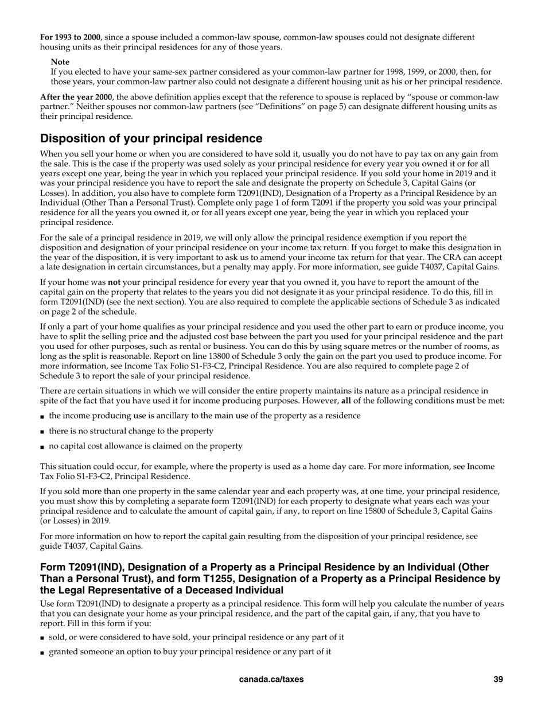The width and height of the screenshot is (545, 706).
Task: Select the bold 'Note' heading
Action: point(60,62)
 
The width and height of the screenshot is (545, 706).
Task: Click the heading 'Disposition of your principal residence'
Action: point(151,138)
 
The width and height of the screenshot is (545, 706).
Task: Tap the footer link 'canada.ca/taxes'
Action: point(271,679)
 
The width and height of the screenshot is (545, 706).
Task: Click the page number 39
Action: point(498,679)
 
